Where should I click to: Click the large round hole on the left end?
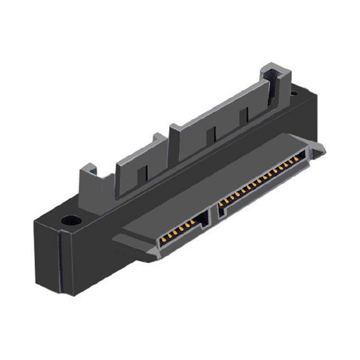tap(71, 221)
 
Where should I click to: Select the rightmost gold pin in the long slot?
tap(301, 156)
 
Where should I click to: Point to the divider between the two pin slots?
tap(215, 211)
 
